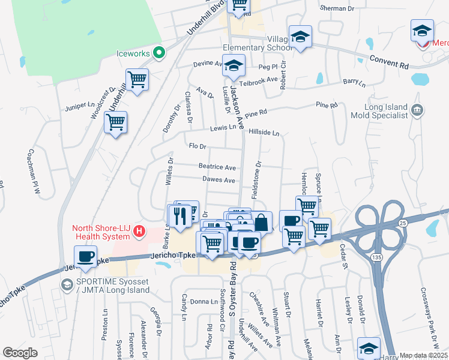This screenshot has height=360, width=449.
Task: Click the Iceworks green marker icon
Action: [159, 53]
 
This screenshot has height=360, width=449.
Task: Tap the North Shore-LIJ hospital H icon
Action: [139, 230]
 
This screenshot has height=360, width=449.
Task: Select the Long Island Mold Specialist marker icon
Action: [420, 110]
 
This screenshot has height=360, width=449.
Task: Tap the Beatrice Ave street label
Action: [217, 167]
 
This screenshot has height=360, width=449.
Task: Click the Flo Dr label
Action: [197, 146]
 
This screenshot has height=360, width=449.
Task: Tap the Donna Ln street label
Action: [203, 301]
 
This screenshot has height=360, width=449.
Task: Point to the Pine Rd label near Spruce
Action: [327, 106]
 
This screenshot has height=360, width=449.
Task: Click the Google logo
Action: [20, 353]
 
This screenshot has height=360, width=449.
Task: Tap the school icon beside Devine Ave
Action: [234, 66]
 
